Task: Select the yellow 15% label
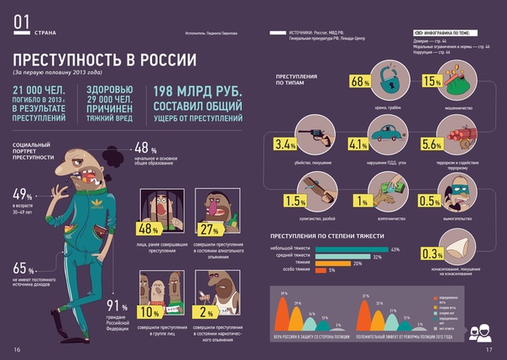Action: pyautogui.click(x=431, y=81)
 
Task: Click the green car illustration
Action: pyautogui.click(x=388, y=134)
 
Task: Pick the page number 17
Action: pyautogui.click(x=492, y=349)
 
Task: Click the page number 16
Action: pyautogui.click(x=16, y=349)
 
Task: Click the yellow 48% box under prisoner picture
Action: pyautogui.click(x=149, y=229)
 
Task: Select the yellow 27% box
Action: pyautogui.click(x=206, y=229)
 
